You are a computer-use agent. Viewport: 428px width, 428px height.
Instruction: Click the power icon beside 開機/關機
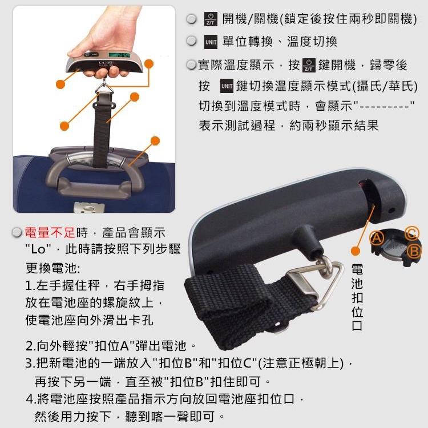point(210,19)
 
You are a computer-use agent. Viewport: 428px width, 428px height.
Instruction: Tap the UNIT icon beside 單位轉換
point(210,42)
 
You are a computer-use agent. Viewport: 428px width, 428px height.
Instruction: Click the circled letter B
point(414,252)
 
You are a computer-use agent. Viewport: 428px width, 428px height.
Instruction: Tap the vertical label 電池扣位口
point(357,297)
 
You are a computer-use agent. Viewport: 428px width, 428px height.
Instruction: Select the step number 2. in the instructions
point(31,346)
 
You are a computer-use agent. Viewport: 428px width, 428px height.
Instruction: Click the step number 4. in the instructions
point(31,398)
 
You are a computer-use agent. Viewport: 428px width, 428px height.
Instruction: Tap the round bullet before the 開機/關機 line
point(192,19)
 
